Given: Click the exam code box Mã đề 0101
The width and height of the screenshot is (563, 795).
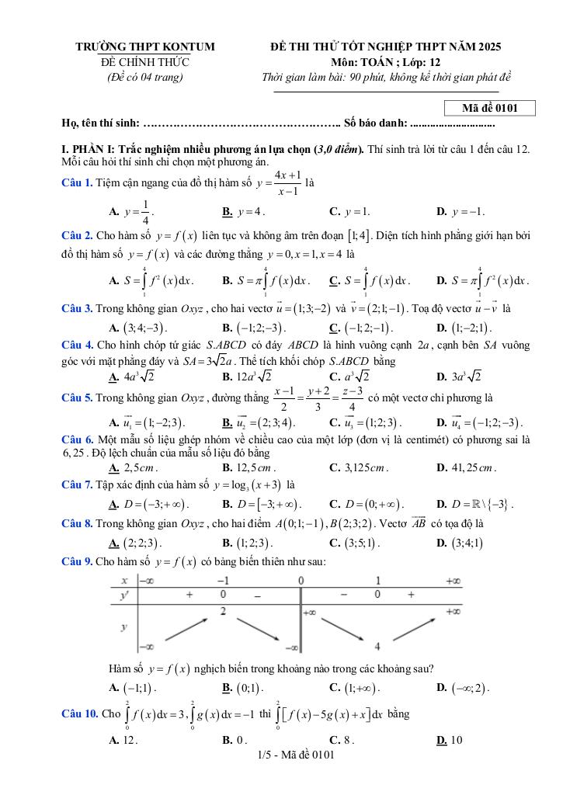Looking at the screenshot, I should [490, 108].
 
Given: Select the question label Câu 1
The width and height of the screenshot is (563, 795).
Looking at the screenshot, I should [77, 182].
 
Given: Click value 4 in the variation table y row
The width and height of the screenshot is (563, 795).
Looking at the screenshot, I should [377, 647].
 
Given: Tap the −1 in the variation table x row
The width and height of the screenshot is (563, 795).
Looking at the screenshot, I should [223, 581].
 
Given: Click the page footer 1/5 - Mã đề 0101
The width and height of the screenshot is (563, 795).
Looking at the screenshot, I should [295, 754].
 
